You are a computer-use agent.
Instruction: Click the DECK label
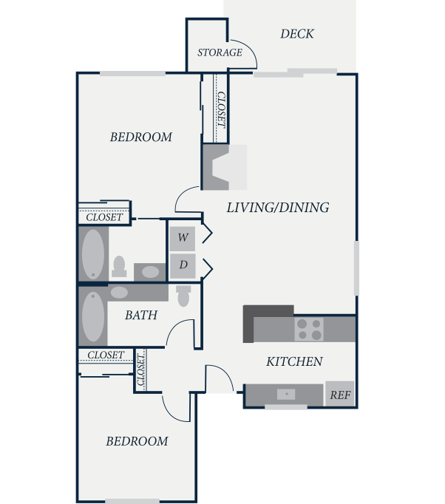[x=296, y=34]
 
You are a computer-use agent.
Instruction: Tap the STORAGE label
[x=220, y=52]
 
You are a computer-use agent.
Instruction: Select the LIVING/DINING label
[x=278, y=208]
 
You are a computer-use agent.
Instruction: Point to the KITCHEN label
[x=294, y=361]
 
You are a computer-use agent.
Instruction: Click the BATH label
[x=141, y=315]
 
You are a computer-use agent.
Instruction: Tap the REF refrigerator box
[x=340, y=394]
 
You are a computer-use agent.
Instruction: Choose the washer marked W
[x=183, y=239]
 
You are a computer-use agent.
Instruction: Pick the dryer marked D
[x=183, y=266]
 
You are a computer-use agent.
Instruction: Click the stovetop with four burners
[x=309, y=330]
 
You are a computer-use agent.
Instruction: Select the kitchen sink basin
[x=286, y=394]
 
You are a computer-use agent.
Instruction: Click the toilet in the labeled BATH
[x=183, y=296]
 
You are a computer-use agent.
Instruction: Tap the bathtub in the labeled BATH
[x=93, y=316]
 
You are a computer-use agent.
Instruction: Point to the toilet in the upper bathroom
[x=119, y=267]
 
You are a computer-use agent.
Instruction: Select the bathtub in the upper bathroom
[x=93, y=254]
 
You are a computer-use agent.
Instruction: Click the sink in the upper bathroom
[x=150, y=272]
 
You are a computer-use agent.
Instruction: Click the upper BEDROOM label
[x=141, y=137]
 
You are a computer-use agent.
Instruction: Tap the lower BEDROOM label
[x=137, y=441]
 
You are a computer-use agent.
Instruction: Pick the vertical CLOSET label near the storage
[x=222, y=109]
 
